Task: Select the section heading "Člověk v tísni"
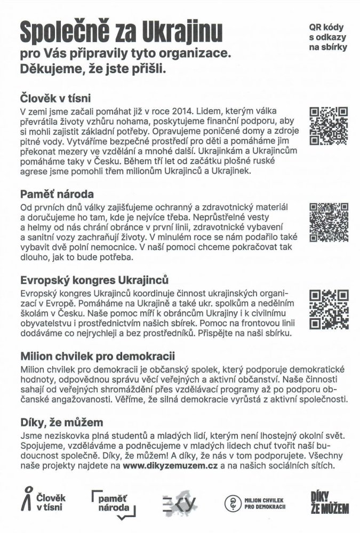click(x=55, y=99)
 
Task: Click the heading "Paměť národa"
click(x=57, y=193)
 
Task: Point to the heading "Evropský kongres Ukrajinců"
click(x=94, y=279)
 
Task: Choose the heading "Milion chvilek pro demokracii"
click(x=98, y=356)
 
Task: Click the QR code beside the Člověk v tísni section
click(x=329, y=126)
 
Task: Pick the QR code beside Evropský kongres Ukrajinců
click(x=329, y=309)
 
